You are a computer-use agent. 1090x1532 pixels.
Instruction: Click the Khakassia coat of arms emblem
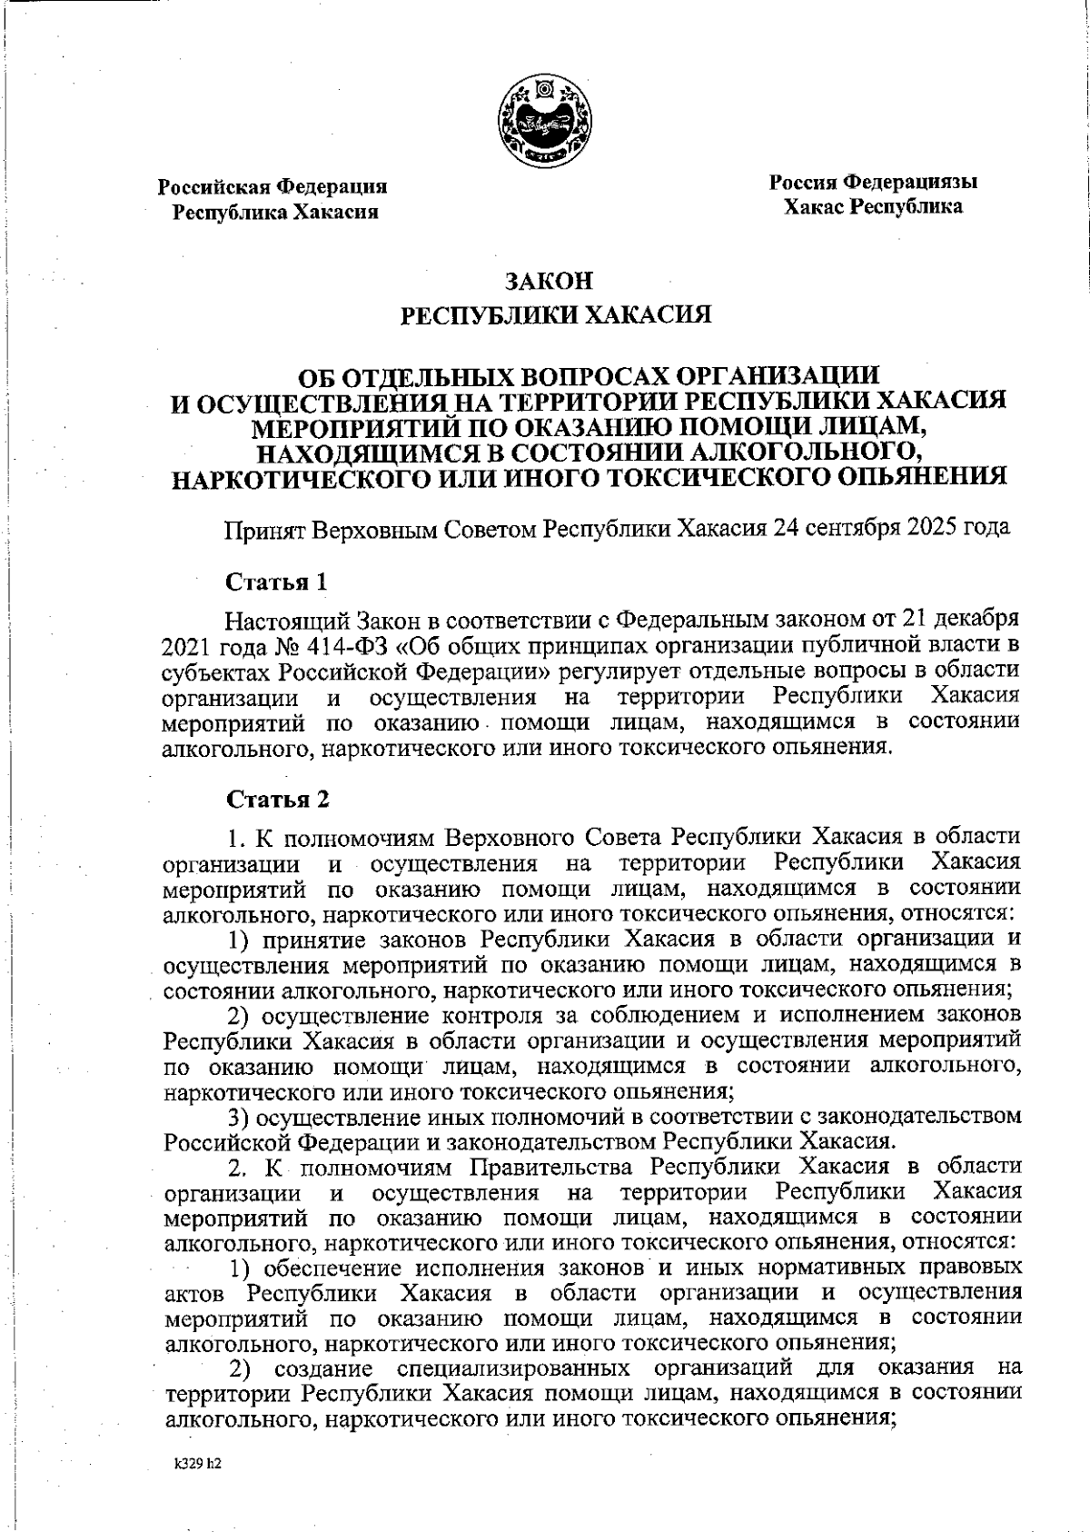click(x=544, y=122)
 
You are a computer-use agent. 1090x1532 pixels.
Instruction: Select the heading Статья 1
click(x=275, y=581)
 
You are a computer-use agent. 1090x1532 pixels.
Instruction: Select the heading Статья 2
click(x=276, y=799)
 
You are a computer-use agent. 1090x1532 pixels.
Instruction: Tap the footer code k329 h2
click(x=198, y=1465)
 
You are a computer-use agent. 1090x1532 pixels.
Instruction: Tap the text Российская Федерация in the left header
click(x=272, y=187)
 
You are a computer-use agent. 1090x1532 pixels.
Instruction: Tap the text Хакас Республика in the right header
click(x=873, y=207)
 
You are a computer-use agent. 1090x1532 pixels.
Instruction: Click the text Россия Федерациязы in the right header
click(x=873, y=182)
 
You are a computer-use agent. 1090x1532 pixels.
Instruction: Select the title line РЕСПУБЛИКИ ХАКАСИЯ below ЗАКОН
click(x=556, y=315)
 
